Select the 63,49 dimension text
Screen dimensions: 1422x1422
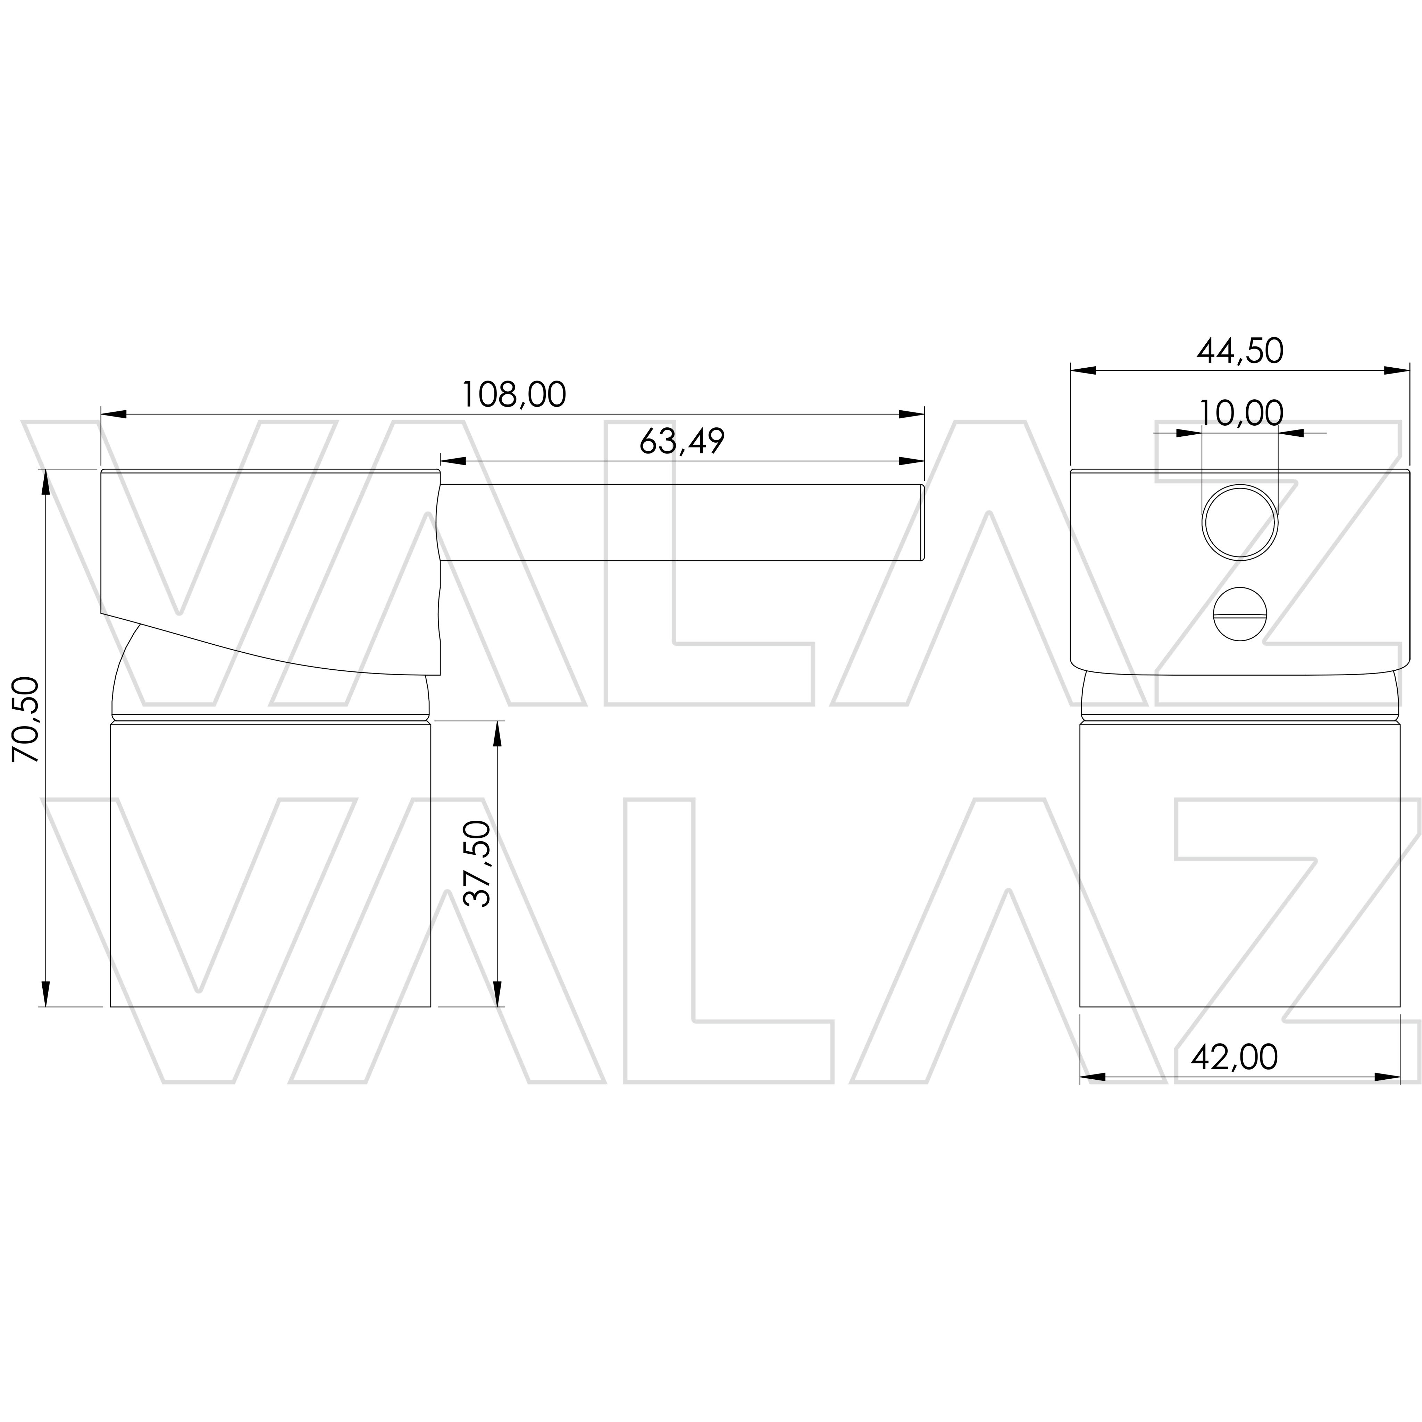pos(682,442)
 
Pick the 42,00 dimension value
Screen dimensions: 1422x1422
pos(1234,1058)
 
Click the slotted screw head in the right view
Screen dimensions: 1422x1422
pos(1240,614)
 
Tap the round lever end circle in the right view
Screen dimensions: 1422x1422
pos(1240,522)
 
